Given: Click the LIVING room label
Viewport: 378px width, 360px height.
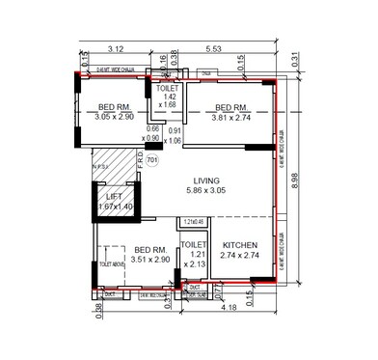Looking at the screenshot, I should [x=207, y=180].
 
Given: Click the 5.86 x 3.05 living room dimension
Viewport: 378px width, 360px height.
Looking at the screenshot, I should [x=207, y=191].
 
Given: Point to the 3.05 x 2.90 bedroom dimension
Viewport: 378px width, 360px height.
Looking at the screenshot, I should [x=117, y=116].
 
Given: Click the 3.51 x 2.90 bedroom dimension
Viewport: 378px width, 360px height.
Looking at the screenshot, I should [x=146, y=260].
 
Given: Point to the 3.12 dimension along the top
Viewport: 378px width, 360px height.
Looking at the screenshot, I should [x=117, y=47].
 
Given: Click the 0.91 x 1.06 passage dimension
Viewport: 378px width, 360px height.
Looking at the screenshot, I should [x=173, y=134].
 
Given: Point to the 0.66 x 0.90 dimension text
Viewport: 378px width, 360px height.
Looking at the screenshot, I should [x=152, y=132].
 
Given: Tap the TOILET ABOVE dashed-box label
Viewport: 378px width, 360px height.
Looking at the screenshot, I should [x=113, y=264].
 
